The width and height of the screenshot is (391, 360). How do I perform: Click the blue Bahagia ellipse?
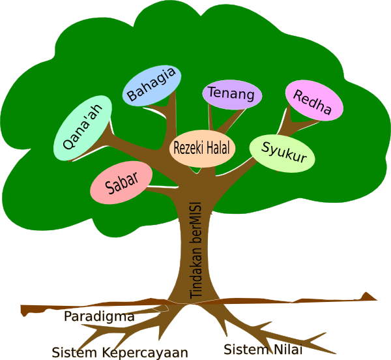coord(151,85)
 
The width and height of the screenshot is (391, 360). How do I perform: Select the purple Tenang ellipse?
coord(232,95)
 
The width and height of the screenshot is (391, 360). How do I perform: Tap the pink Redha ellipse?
coord(314,101)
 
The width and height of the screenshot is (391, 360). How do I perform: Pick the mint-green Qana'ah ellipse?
coord(81,128)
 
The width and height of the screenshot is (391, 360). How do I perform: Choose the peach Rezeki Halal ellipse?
coord(203,147)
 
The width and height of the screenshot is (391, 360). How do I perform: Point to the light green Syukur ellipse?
coord(282,154)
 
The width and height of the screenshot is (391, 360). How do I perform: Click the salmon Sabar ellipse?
coord(121,182)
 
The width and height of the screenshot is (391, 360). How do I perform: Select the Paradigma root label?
coord(99,317)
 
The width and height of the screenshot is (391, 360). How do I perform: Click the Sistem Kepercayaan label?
coord(120,352)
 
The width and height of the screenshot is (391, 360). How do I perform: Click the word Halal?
coord(220,147)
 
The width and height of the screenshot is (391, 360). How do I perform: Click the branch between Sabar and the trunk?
coord(163,190)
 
